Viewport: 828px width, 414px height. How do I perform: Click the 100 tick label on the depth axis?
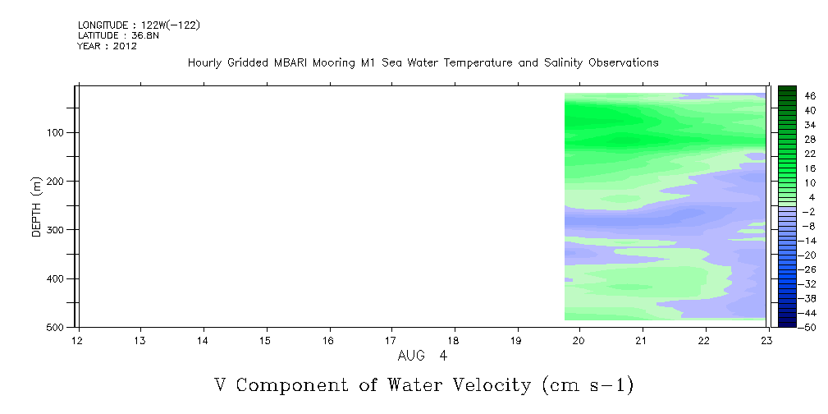(57, 132)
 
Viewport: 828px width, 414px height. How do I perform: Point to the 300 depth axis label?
(57, 230)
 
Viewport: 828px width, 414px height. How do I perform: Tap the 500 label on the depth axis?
(57, 327)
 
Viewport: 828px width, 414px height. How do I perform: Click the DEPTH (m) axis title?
(36, 206)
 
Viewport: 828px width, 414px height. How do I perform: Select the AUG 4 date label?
(423, 356)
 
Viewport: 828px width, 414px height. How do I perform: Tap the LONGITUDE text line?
(139, 25)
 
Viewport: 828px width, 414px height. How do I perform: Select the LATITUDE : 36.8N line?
(118, 35)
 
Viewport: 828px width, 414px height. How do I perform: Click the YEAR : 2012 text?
(108, 46)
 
